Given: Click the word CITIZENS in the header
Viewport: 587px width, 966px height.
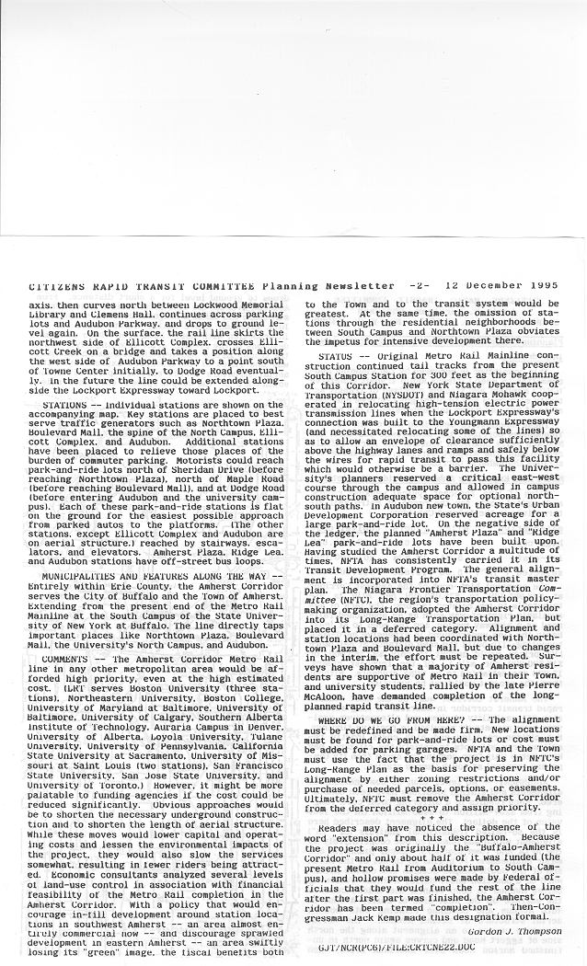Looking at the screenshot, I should [59, 286].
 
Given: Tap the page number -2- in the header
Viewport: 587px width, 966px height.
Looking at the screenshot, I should [420, 286].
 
